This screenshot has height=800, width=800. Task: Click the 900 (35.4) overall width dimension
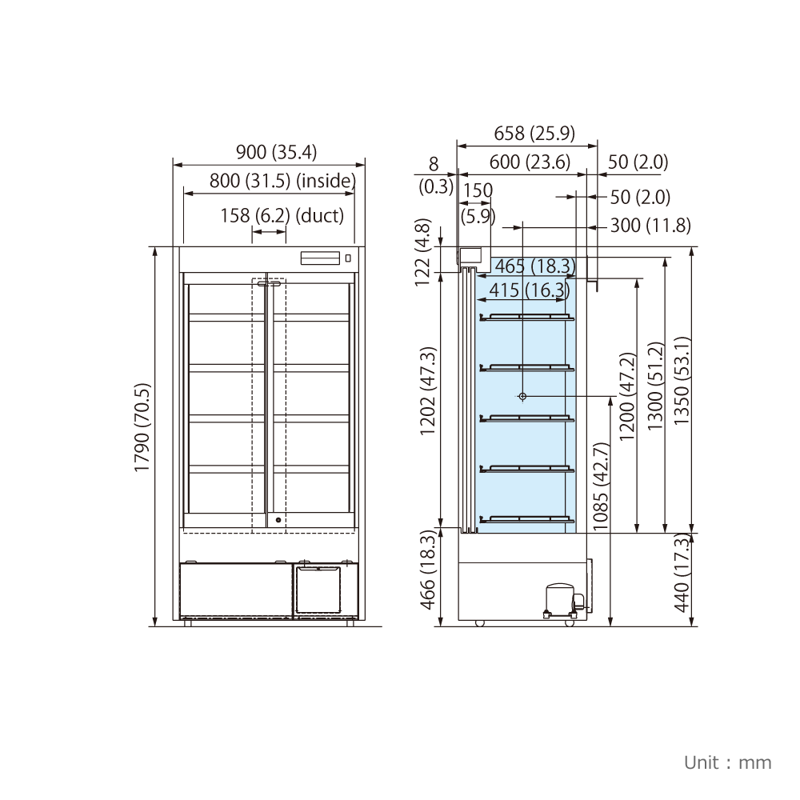[x=276, y=152]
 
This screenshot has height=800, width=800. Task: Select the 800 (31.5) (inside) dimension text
[x=282, y=181]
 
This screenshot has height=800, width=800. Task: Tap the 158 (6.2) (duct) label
[x=282, y=215]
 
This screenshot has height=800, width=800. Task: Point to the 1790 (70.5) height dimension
[x=142, y=427]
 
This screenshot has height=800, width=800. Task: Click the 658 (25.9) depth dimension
[x=534, y=133]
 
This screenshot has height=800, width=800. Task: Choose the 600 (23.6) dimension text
[x=530, y=162]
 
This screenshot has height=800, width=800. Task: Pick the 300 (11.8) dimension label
[x=650, y=225]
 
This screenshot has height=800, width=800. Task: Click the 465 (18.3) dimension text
[x=535, y=266]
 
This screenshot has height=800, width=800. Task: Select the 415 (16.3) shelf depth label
[x=529, y=290]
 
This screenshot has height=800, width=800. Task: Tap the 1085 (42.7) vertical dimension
[x=601, y=486]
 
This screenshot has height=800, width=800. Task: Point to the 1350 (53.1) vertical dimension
[x=682, y=381]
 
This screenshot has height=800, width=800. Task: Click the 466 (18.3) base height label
[x=427, y=570]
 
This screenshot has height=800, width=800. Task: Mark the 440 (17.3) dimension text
[x=682, y=573]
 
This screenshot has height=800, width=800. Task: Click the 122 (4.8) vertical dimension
[x=422, y=253]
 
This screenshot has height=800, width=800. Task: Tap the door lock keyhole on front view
[x=278, y=521]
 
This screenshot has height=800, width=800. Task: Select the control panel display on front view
[x=320, y=258]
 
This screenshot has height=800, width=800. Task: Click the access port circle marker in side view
[x=522, y=397]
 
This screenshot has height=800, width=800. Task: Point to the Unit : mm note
[x=727, y=762]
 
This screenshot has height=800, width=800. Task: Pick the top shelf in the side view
[x=527, y=318]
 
